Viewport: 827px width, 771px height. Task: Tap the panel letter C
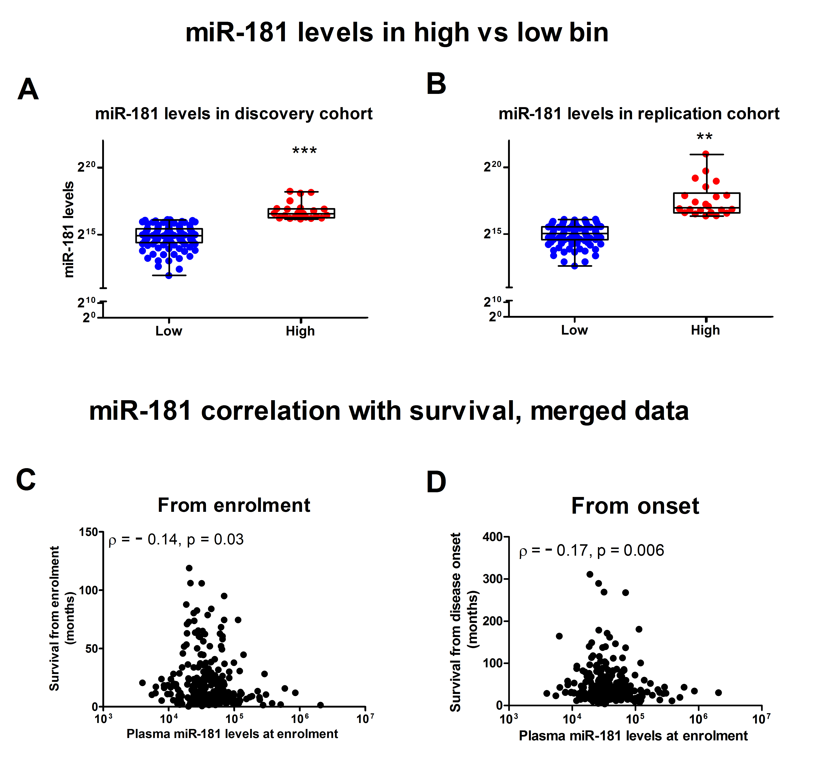pos(26,480)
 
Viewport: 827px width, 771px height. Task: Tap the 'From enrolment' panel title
pos(234,505)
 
